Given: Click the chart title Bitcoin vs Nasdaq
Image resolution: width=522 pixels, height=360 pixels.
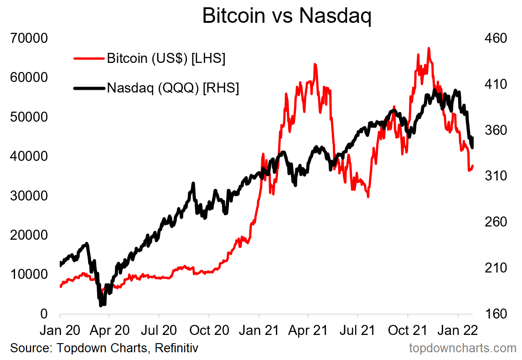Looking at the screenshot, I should (x=287, y=16).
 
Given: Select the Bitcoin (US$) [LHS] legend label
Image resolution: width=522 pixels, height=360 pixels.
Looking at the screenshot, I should (x=166, y=59).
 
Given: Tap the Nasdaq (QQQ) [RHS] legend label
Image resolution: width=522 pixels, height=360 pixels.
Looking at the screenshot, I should (x=173, y=88).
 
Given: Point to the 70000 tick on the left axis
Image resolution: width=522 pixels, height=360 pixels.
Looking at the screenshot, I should (x=29, y=38).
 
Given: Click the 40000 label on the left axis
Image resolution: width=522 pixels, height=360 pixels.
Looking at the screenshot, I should (x=29, y=156).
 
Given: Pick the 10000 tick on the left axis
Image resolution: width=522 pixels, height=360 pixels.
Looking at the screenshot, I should (x=29, y=274).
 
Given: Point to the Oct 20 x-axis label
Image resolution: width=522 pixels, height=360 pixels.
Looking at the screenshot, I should (x=209, y=330).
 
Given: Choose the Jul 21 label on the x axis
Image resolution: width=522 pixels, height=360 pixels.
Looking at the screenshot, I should (x=358, y=330).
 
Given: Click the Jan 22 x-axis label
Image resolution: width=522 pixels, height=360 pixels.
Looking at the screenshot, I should (x=458, y=330).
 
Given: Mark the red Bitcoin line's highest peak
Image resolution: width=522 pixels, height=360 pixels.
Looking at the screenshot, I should (x=429, y=48).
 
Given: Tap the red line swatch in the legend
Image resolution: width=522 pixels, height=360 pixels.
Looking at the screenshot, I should (x=89, y=59).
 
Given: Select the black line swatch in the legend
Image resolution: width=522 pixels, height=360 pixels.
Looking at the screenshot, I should (x=89, y=88).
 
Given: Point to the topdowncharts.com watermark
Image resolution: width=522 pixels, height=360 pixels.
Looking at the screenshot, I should (x=462, y=349).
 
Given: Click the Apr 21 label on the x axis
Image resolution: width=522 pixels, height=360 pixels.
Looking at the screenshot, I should (x=308, y=330).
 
